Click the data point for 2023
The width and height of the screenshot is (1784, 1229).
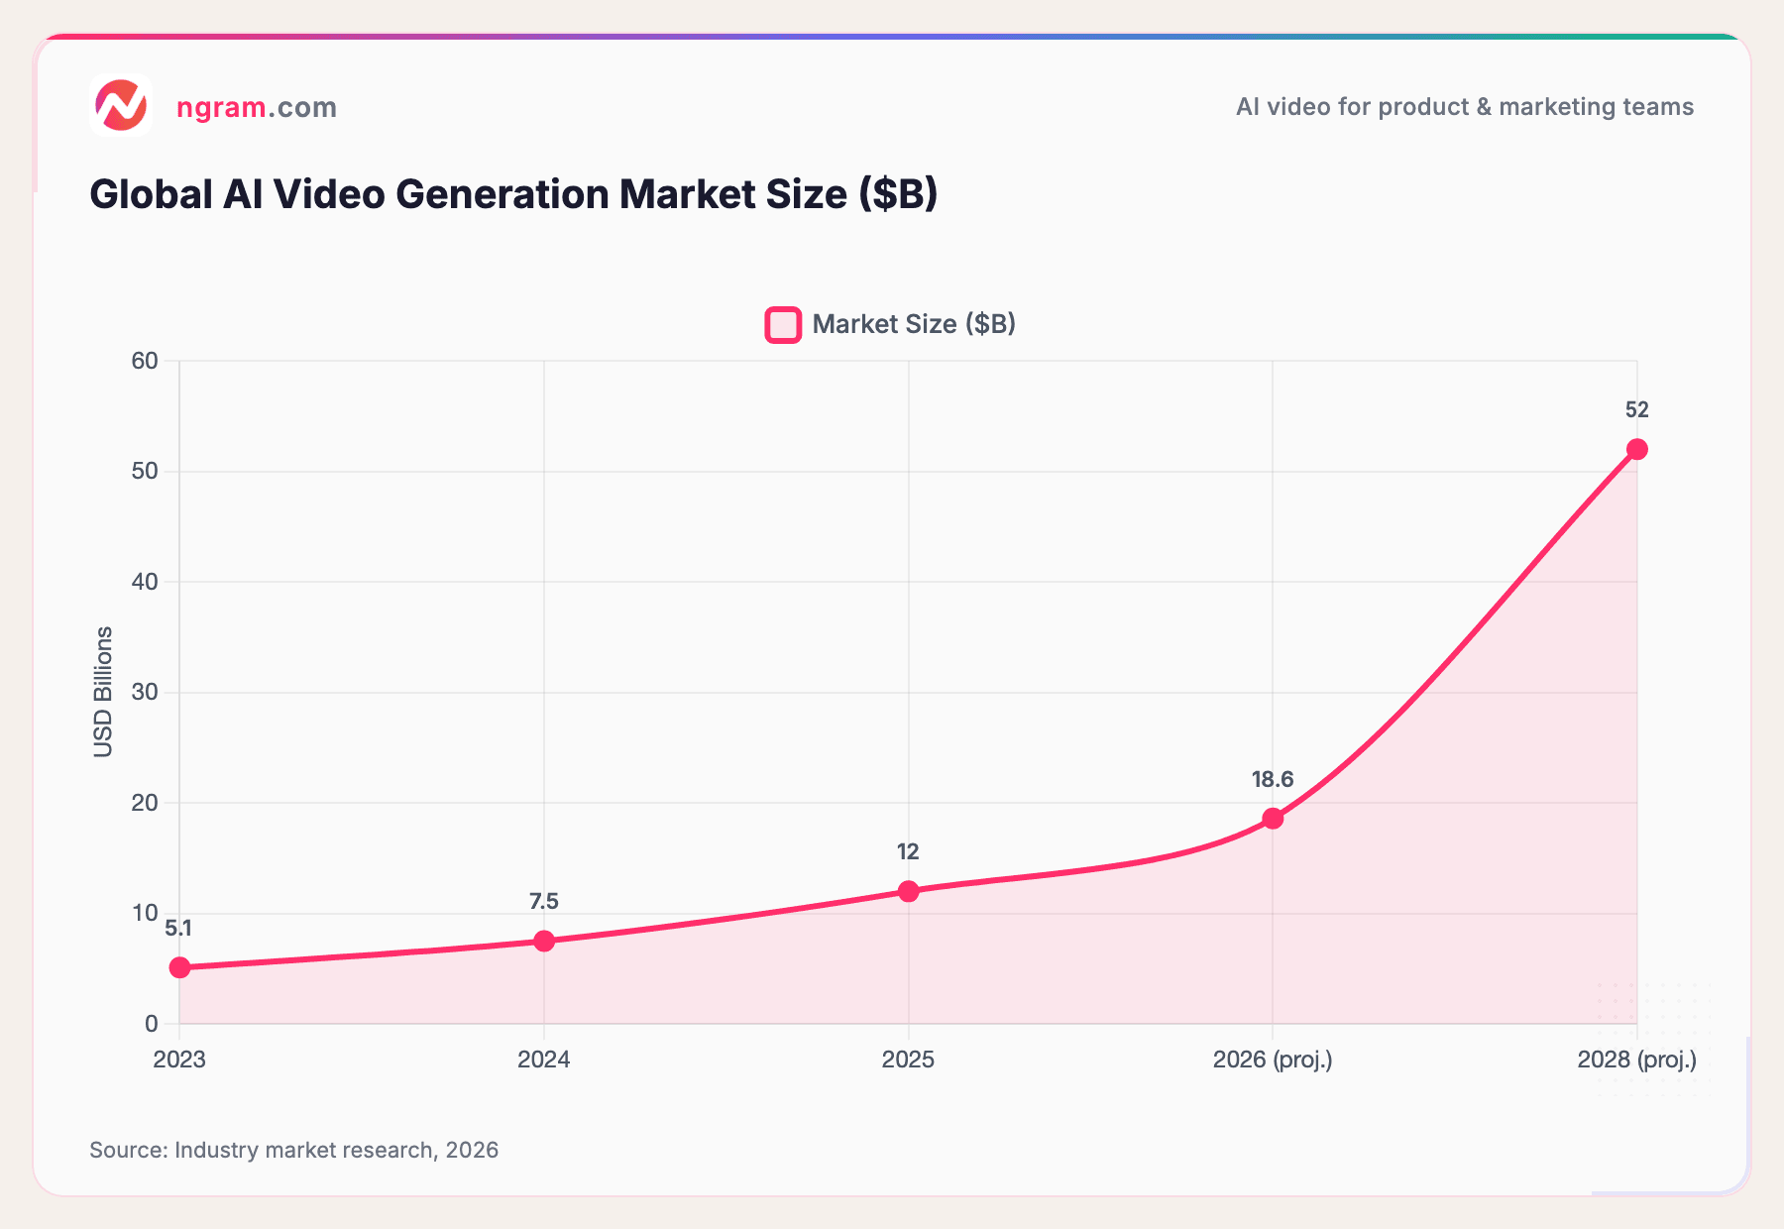[x=179, y=967]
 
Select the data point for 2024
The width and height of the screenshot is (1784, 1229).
[x=544, y=941]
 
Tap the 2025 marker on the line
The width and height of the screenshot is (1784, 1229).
[x=908, y=891]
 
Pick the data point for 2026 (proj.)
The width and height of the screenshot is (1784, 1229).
[x=1273, y=819]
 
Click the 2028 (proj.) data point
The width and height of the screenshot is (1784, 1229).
[x=1637, y=449]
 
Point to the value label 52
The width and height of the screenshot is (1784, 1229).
[x=1637, y=410]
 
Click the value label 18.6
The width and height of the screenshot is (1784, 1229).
[x=1273, y=780]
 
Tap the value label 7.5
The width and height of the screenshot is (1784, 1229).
[x=544, y=902]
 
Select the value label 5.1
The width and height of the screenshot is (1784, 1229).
[x=179, y=929]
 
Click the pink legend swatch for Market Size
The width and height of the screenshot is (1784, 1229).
[x=783, y=325]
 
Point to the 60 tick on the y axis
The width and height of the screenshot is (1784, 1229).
[x=145, y=361]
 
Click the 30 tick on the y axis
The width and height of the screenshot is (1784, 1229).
[x=145, y=692]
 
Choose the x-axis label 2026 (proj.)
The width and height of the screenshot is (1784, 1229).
[x=1273, y=1060]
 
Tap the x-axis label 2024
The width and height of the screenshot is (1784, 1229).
[x=544, y=1060]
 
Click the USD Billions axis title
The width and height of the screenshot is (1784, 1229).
[x=103, y=692]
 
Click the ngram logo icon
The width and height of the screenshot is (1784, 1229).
[x=121, y=105]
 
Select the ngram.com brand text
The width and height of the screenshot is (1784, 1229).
[x=257, y=107]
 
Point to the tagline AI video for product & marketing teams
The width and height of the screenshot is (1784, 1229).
[x=1464, y=107]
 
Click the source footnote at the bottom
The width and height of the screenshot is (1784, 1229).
[x=294, y=1150]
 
